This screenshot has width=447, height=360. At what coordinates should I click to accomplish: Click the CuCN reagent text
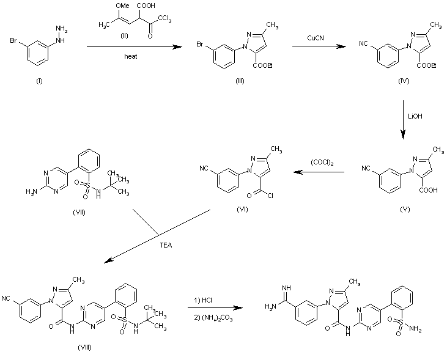(316, 38)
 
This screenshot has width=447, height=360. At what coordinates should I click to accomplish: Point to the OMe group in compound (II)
(122, 7)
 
